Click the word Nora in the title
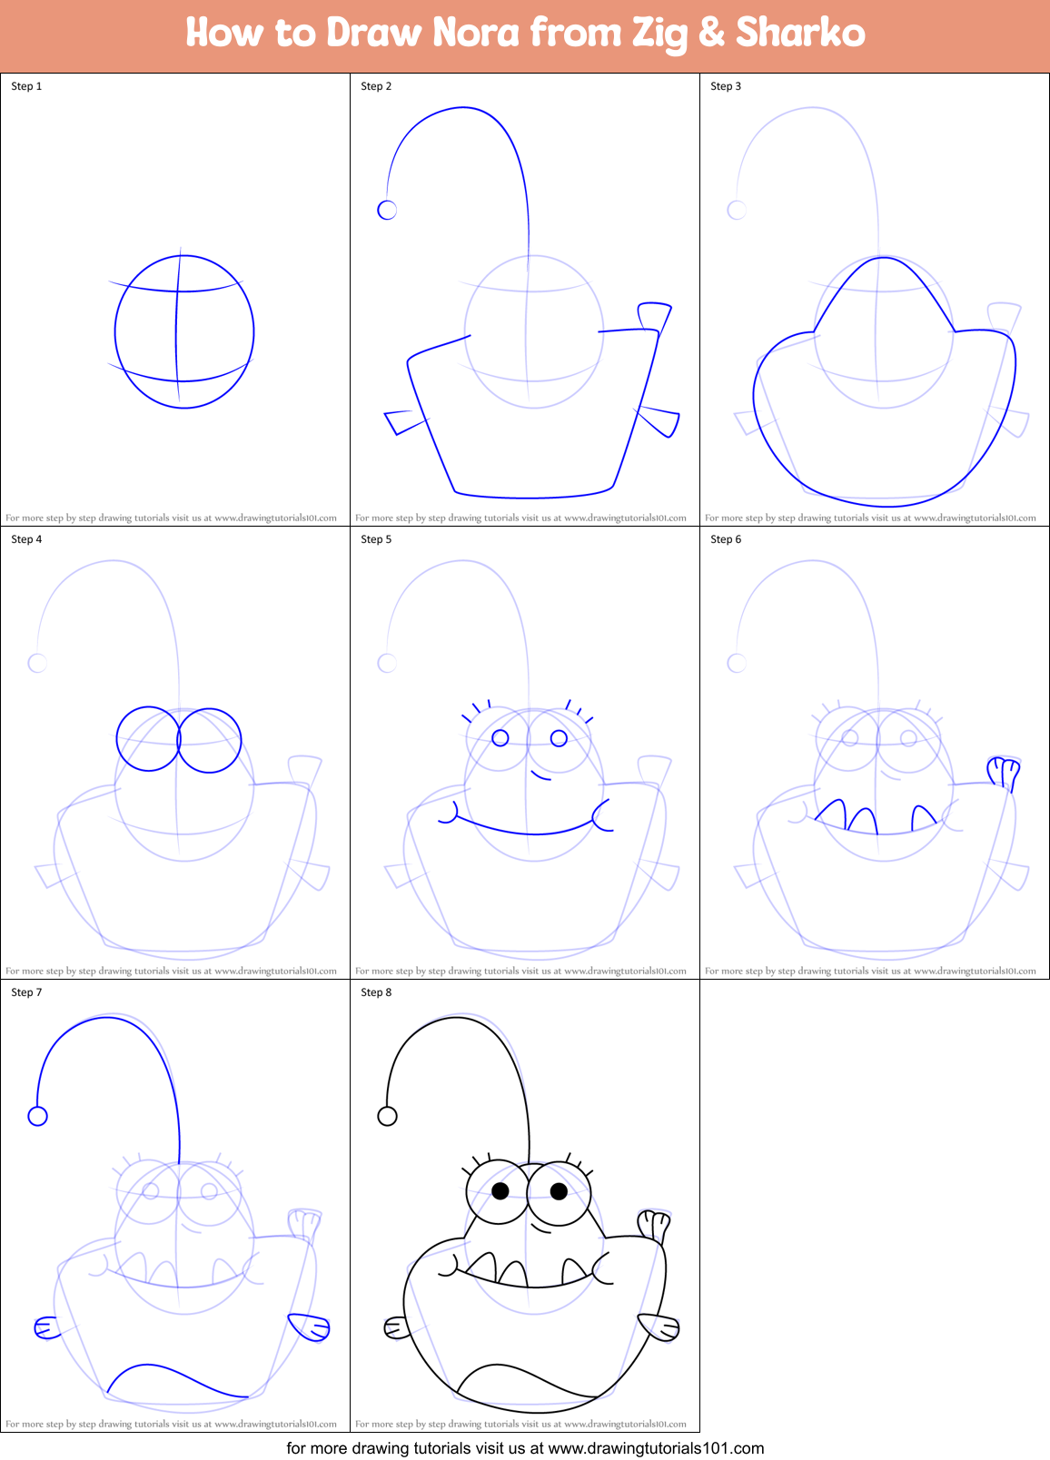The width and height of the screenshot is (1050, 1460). point(476,34)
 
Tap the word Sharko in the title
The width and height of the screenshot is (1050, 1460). point(800,34)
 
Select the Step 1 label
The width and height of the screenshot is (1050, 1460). point(26,86)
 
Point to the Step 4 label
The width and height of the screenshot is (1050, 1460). point(26,539)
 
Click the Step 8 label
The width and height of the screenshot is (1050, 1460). point(376,992)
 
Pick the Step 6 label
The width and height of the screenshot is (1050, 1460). point(726,539)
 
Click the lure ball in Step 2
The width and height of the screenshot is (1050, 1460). point(387,211)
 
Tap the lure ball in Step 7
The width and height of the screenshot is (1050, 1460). point(37,1116)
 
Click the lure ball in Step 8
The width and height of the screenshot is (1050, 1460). point(387,1116)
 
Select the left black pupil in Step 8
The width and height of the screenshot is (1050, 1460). point(500,1190)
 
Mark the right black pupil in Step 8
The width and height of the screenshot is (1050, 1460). point(559,1190)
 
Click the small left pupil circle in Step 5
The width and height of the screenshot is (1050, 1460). point(500,738)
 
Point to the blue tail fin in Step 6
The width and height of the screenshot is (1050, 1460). point(1004,773)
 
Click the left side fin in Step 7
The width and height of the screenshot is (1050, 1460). point(45,1327)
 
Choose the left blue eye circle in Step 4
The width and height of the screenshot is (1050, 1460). point(148,739)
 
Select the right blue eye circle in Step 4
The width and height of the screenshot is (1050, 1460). point(210,740)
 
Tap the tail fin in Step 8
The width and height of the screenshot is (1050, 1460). point(654,1225)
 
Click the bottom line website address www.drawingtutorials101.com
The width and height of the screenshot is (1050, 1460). point(656,1448)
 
